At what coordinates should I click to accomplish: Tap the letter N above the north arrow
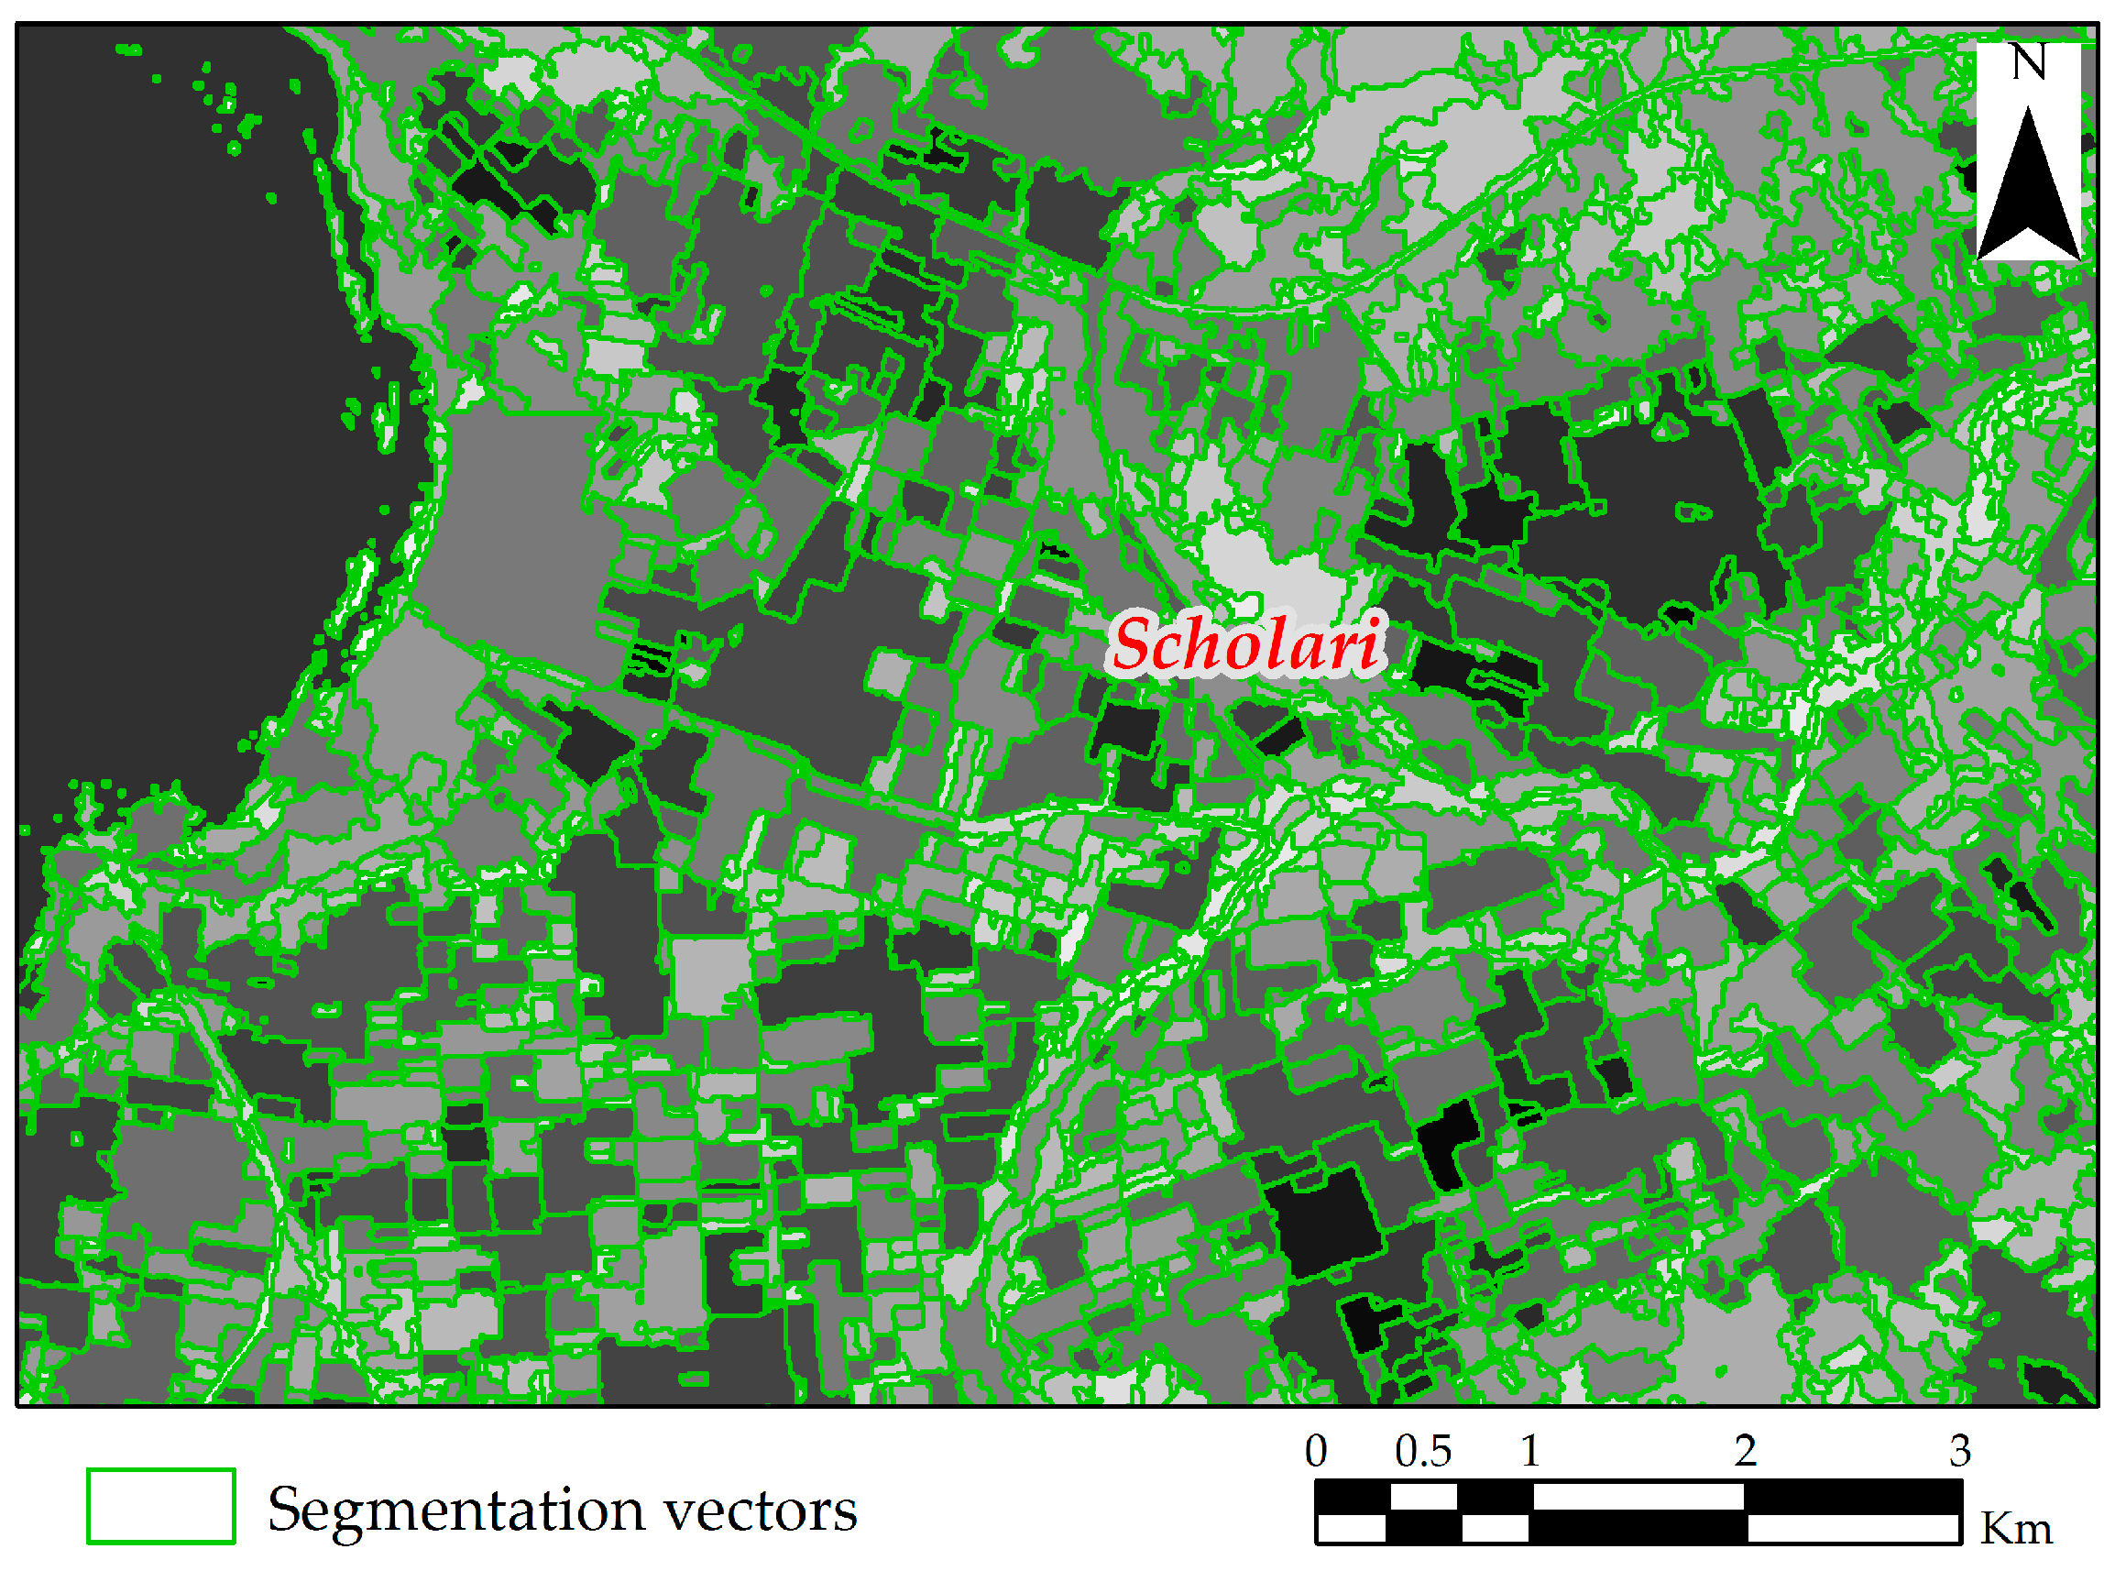click(x=2029, y=62)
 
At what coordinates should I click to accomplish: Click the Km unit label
click(x=2016, y=1530)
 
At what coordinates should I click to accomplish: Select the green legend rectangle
click(x=160, y=1506)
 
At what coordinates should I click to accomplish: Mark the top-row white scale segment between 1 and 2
click(x=1638, y=1497)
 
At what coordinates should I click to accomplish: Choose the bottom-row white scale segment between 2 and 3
click(x=1854, y=1527)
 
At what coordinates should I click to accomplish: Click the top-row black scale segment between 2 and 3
click(x=1854, y=1497)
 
